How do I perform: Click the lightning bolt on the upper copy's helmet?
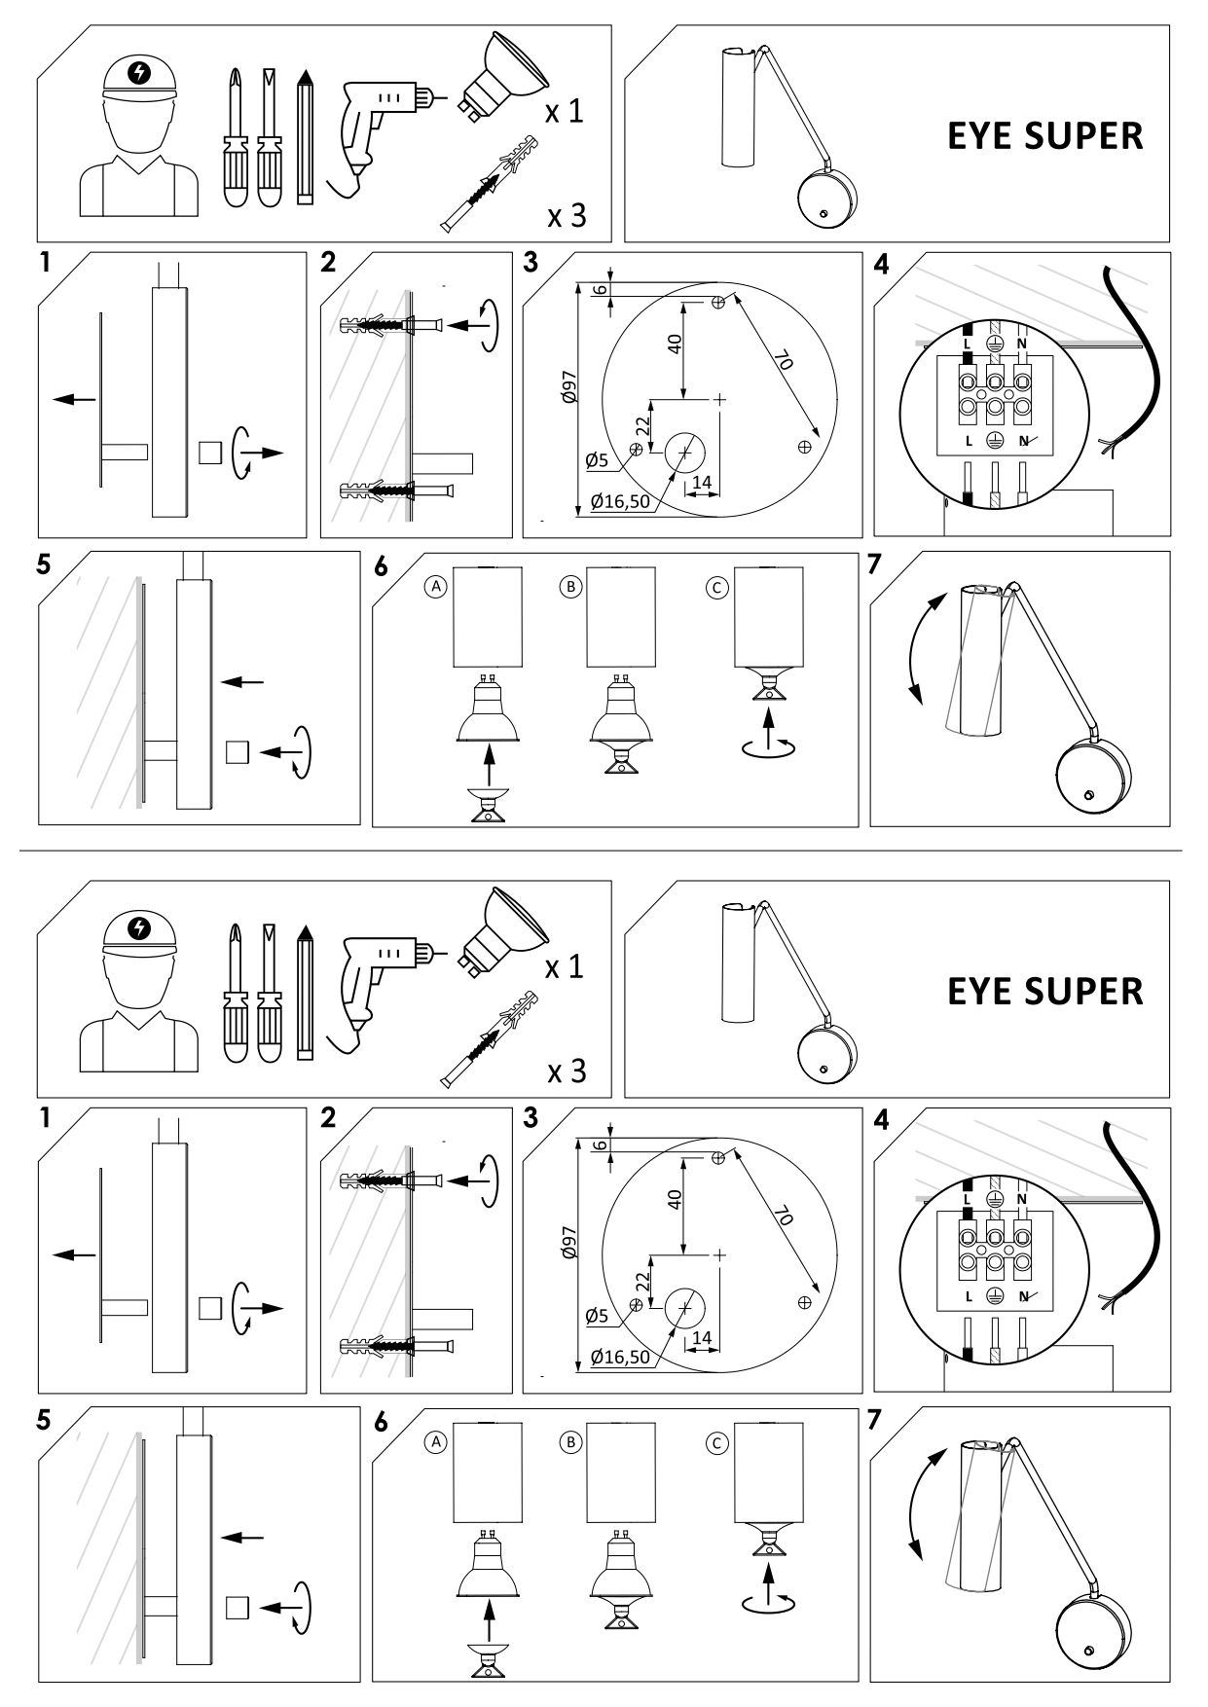click(x=141, y=73)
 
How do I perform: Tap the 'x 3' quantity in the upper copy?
click(x=567, y=215)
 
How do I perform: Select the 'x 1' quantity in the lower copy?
click(x=565, y=966)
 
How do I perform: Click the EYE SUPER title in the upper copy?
click(x=1044, y=136)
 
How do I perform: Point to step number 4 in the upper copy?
click(x=882, y=264)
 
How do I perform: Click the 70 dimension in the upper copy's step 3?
click(x=782, y=361)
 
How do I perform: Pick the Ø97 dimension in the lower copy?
click(x=570, y=1243)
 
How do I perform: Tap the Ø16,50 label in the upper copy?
click(x=620, y=503)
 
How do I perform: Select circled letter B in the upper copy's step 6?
click(x=571, y=587)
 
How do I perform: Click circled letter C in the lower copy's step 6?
click(x=717, y=1442)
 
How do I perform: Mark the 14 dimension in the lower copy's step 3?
click(x=701, y=1338)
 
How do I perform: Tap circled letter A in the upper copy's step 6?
click(x=438, y=587)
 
